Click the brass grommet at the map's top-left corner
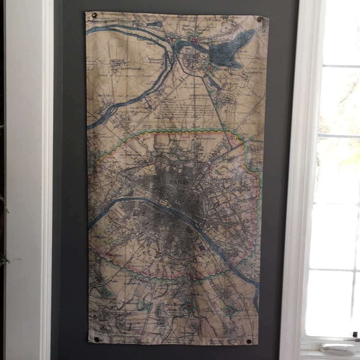(95, 15)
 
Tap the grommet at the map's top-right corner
(259, 19)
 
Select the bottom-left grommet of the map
(96, 339)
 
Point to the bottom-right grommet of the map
(248, 341)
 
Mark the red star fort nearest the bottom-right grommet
(228, 310)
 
